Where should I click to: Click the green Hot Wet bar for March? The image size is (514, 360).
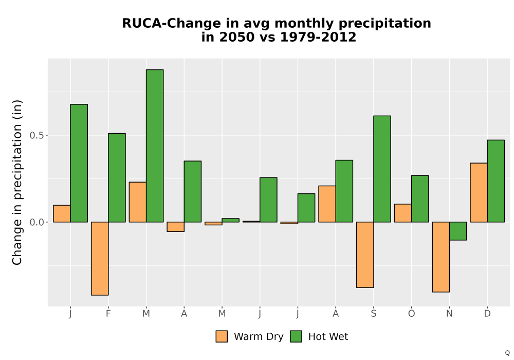[x=155, y=146]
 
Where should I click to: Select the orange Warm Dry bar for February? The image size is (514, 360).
[x=100, y=258]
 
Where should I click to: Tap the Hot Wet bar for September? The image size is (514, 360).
[x=382, y=169]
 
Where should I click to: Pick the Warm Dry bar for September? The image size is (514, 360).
[x=365, y=255]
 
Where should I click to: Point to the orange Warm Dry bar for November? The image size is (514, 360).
[x=440, y=257]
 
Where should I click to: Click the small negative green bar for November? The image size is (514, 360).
[x=457, y=231]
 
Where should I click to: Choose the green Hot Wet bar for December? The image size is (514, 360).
[x=495, y=181]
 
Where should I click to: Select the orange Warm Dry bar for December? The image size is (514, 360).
[x=479, y=192]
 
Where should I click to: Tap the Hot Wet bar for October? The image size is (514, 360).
[x=420, y=199]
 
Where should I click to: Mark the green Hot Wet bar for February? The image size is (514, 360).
[x=117, y=178]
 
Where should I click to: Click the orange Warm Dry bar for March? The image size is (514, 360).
[x=138, y=202]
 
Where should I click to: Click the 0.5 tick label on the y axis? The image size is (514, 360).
[x=36, y=135]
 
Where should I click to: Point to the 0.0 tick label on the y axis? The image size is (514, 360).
[x=36, y=222]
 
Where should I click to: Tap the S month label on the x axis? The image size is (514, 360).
[x=373, y=314]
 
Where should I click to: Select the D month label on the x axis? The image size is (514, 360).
[x=487, y=314]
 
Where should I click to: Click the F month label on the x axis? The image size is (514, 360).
[x=108, y=314]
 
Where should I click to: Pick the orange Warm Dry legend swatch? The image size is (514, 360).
[x=222, y=336]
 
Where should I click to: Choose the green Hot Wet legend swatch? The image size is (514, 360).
[x=296, y=336]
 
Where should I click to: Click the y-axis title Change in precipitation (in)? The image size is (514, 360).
[x=17, y=182]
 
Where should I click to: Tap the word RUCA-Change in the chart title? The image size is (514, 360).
[x=172, y=23]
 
